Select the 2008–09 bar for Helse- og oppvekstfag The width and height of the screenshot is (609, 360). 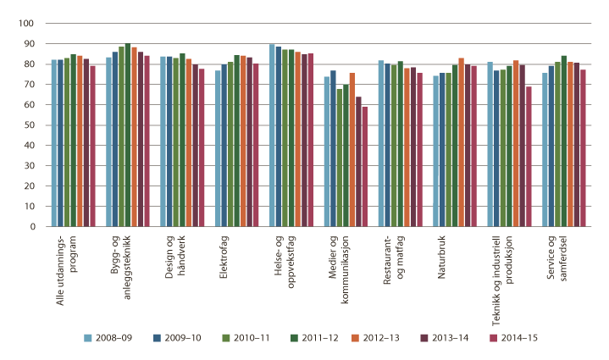[x=272, y=136]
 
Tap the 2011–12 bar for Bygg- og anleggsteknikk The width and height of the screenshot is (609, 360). [x=127, y=136]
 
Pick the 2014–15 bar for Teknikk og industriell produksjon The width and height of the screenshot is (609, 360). [x=529, y=157]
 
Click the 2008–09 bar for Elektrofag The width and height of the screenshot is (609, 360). [x=218, y=148]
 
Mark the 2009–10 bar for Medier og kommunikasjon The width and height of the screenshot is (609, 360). [x=333, y=148]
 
